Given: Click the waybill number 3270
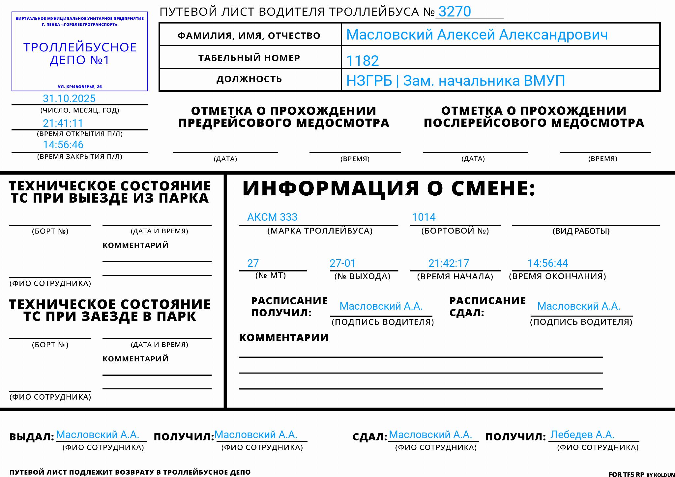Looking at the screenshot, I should coord(455,12).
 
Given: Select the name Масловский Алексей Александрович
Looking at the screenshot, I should coord(477,35).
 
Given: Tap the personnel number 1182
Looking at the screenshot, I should coord(362,61).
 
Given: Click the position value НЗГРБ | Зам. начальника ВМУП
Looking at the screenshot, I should coord(455,81).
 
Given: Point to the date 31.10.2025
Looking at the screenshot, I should coord(69,98).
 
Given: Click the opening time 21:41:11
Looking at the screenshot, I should coord(63,123).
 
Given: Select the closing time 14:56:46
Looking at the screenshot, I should coord(63,145).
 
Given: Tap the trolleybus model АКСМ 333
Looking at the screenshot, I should coord(272,217).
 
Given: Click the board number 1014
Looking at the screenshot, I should coord(424,217).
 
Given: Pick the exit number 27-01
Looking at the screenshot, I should coord(343,263).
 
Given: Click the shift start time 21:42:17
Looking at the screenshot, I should coord(449,263).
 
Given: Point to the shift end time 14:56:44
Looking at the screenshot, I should coord(547,263).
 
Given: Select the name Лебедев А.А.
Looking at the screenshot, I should coord(582,435).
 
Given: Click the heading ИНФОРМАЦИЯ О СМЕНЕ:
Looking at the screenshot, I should coord(389,188).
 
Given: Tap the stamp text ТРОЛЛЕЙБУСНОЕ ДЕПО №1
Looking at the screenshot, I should coord(80,54).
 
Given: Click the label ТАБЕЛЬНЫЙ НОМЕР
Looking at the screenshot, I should coord(249,58).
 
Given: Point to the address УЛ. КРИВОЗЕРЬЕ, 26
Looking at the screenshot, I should coord(80,87).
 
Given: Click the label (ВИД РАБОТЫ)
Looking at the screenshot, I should coord(581,231).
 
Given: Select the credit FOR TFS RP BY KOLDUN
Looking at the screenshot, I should coord(641,474).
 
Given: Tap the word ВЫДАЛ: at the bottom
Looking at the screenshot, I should coord(32,437).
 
